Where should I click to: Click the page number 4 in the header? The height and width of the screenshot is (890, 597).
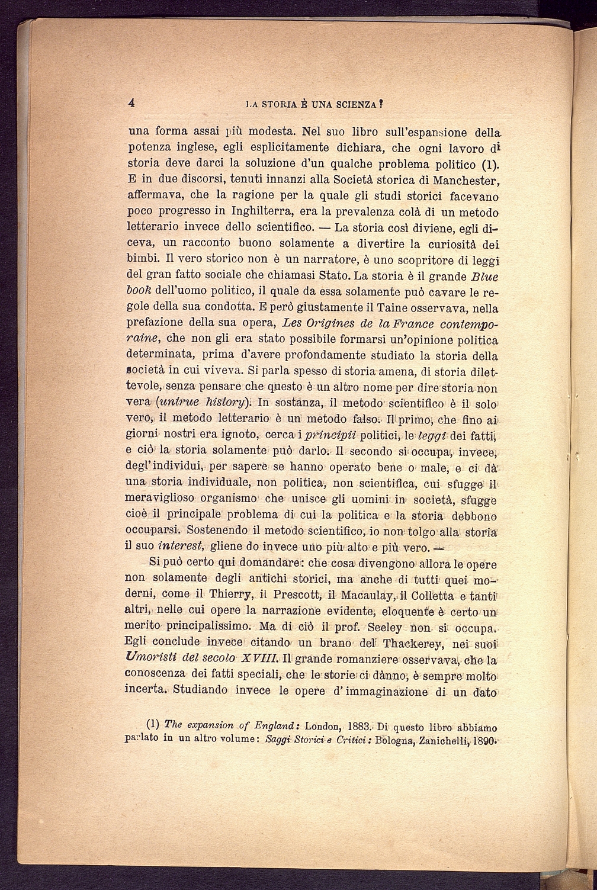click(132, 102)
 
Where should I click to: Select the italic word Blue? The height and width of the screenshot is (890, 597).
click(484, 277)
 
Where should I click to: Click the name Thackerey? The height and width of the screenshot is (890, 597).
click(411, 642)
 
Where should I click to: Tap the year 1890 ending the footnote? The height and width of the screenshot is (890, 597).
click(484, 739)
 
